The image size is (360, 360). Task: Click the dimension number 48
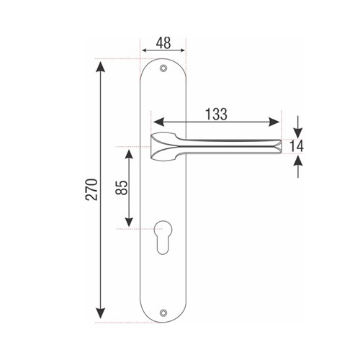point(163,43)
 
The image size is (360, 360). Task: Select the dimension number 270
point(92,189)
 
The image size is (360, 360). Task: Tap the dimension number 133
point(216,114)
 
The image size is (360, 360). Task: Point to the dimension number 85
point(122,187)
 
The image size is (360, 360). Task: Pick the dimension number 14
point(297,146)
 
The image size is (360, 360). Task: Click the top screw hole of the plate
point(163,68)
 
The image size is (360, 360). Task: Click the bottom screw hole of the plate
point(163,312)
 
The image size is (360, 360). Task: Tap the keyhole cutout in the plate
point(163,237)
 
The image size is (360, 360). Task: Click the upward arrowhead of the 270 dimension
point(100,67)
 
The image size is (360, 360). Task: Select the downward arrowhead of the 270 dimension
point(100,313)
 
